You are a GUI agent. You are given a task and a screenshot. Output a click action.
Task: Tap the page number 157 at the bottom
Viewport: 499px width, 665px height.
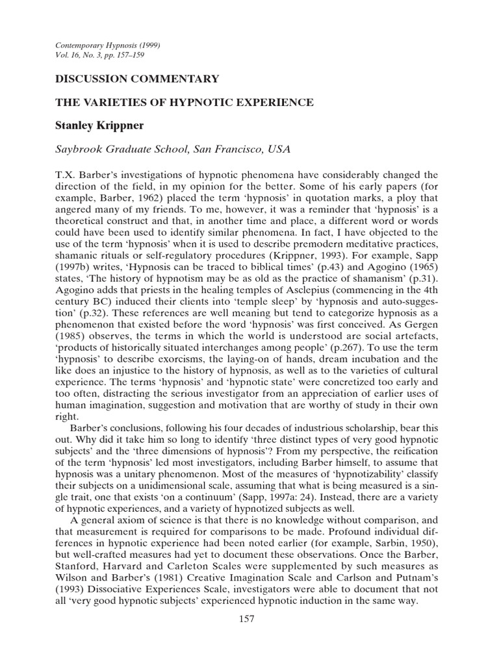click(x=246, y=619)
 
